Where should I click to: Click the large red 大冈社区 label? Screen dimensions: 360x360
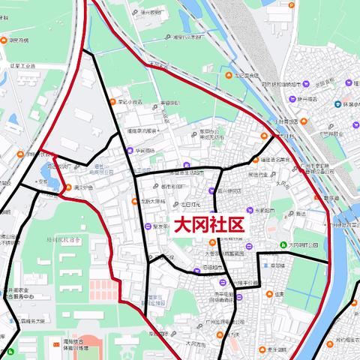[209, 225]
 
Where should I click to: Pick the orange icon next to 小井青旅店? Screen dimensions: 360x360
[274, 121]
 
